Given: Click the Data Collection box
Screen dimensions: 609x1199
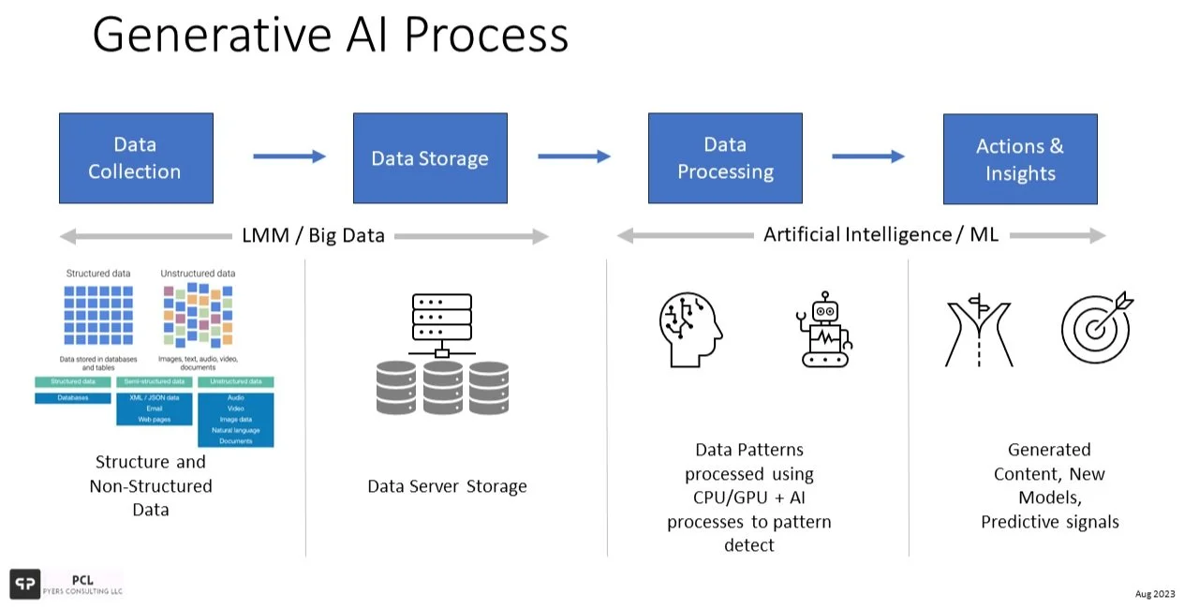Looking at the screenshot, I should (136, 158).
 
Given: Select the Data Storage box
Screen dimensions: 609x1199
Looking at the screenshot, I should (430, 158).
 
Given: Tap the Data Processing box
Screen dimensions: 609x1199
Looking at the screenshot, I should (725, 158).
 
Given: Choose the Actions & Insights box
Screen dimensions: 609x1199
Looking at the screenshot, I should (1019, 159).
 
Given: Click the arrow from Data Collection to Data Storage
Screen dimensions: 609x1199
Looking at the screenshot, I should (289, 156).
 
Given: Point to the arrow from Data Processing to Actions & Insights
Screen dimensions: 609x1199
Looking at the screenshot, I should (867, 156).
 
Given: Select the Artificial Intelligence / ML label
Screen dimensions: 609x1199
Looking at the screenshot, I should (881, 234).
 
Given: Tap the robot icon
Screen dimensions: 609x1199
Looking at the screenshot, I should (823, 329).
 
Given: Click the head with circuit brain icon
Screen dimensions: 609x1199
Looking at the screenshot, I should (690, 329).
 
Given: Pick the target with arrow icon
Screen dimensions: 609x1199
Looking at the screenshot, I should (1096, 328).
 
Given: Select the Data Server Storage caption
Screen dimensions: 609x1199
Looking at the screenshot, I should (447, 486).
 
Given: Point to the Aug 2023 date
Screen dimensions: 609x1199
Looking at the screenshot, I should (1154, 594).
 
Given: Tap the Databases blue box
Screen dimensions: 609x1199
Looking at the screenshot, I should (72, 398).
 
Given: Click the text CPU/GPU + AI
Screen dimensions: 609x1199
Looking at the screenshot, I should (748, 498).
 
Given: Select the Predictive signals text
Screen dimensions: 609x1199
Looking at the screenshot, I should (1049, 522).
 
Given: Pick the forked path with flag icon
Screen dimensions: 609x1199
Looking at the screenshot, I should (979, 331).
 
